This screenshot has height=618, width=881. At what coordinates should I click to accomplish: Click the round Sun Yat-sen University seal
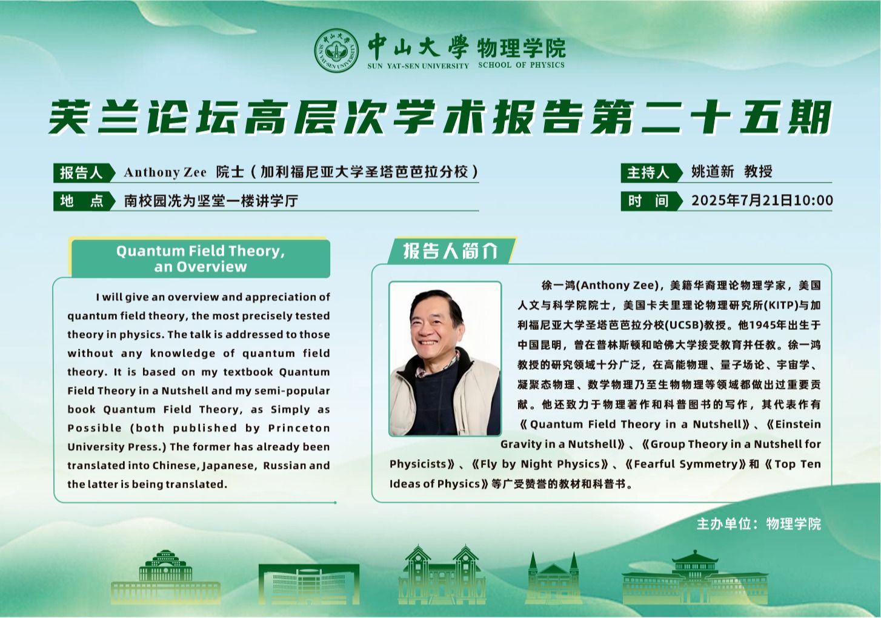coord(336,50)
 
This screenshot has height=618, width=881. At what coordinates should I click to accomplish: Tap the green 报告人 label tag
coord(84,172)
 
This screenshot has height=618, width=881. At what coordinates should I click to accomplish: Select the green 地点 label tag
coord(84,201)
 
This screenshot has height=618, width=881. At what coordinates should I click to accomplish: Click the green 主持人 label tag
coord(651,172)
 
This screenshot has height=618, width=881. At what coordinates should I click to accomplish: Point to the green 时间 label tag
coord(651,201)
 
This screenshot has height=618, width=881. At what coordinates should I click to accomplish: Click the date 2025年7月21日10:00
coord(762,200)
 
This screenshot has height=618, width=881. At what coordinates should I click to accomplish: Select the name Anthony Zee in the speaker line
coord(165,172)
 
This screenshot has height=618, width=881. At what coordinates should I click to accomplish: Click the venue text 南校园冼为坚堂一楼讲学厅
coord(211,201)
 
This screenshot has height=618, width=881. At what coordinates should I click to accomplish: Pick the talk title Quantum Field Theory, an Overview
coord(201,258)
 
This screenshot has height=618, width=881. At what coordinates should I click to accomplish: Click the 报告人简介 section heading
coord(451,250)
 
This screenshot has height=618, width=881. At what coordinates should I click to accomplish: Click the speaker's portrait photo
coord(445,358)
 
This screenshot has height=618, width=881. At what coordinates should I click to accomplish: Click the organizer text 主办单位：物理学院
coord(759,524)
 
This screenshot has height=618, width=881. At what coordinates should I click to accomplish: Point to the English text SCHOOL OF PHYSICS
coord(521,65)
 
